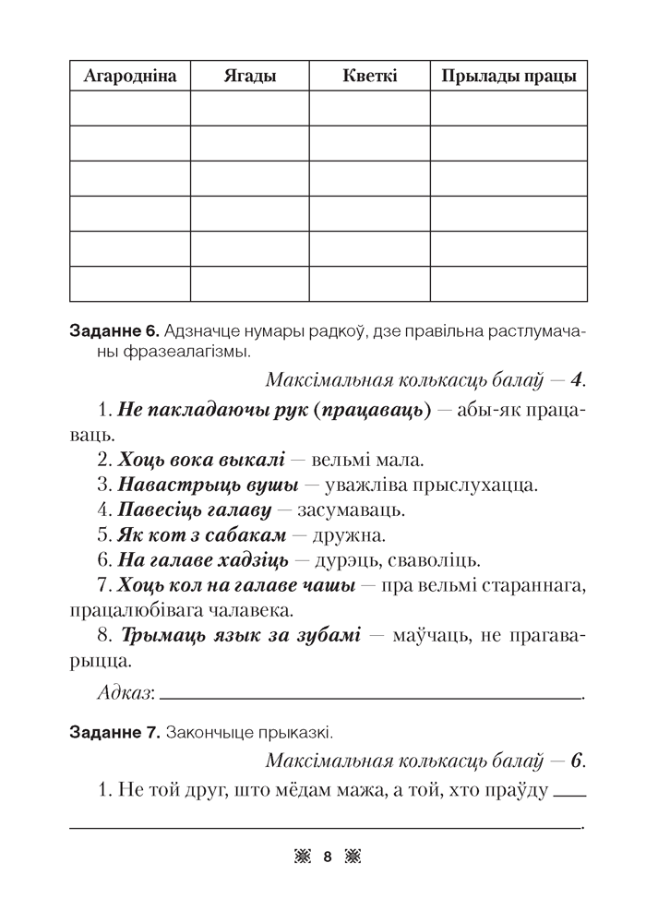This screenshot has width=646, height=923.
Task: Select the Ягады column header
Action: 249,77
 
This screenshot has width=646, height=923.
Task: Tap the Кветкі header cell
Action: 369,77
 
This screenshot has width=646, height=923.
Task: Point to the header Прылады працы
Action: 508,77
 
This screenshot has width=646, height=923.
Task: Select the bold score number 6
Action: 578,761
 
